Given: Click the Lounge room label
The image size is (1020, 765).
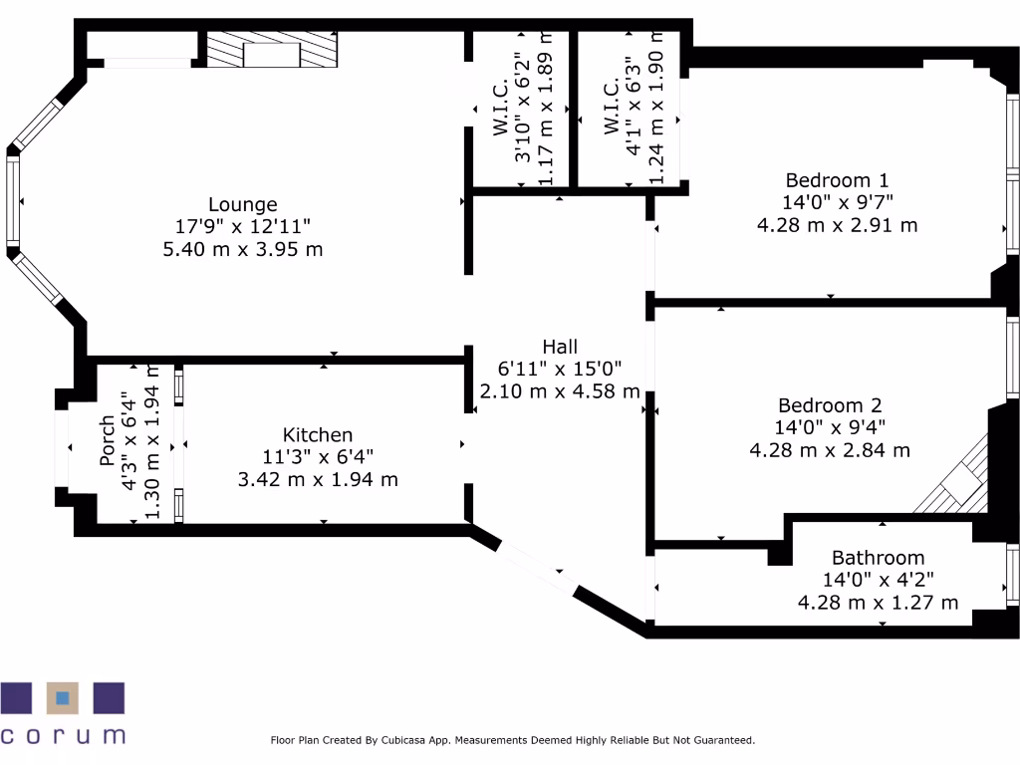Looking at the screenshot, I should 243,205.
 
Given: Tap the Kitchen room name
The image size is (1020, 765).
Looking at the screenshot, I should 318,435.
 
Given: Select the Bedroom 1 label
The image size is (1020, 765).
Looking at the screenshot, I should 837,180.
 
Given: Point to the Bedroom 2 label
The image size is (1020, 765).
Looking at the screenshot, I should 830,406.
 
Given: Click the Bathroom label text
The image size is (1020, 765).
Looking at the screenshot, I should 878,558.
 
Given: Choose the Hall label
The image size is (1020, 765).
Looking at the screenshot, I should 560,347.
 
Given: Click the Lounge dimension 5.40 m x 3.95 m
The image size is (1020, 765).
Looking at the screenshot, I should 243,249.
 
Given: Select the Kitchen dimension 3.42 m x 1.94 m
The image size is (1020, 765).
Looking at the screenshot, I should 318,479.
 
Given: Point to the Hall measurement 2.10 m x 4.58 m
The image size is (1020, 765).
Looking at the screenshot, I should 560,391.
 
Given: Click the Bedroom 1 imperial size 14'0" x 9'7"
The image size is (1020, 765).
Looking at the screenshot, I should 837,202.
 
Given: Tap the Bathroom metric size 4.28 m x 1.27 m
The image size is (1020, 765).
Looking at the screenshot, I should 878,602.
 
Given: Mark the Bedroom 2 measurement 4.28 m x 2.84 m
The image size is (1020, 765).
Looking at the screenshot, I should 830,449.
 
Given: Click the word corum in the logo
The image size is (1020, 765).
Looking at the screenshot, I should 63,736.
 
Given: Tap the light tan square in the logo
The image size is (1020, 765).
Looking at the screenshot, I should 63,698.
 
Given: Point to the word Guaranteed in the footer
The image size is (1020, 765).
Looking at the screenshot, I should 722,740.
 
